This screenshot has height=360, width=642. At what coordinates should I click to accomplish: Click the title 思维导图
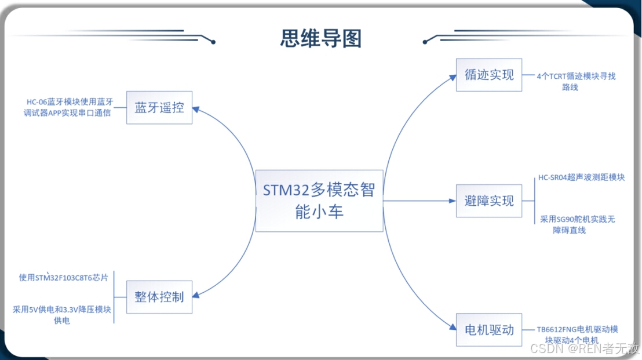(x=321, y=38)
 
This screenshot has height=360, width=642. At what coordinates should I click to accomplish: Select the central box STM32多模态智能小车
(x=319, y=201)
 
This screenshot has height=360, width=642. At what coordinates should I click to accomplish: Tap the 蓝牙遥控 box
(x=159, y=107)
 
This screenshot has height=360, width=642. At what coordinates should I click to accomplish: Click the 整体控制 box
(x=159, y=297)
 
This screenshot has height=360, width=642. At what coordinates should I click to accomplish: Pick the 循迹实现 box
(x=489, y=75)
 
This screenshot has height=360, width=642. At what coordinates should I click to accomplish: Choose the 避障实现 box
(x=489, y=201)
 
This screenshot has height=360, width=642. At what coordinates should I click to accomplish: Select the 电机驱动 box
(x=489, y=330)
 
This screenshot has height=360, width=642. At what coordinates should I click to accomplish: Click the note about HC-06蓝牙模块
(x=68, y=107)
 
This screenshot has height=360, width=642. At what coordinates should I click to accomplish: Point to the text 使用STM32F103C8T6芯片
(x=63, y=278)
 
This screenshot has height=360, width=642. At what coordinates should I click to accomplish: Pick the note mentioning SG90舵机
(x=580, y=224)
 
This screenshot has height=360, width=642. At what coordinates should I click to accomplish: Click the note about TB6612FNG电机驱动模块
(x=577, y=334)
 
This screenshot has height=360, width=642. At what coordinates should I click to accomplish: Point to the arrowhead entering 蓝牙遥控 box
(x=196, y=108)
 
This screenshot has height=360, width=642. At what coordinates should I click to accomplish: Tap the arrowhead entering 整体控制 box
(x=196, y=295)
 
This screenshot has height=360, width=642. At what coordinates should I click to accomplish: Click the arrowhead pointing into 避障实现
(x=453, y=201)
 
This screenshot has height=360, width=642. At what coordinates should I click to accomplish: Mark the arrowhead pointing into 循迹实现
(x=453, y=77)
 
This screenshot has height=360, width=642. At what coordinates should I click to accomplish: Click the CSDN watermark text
(x=585, y=348)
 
